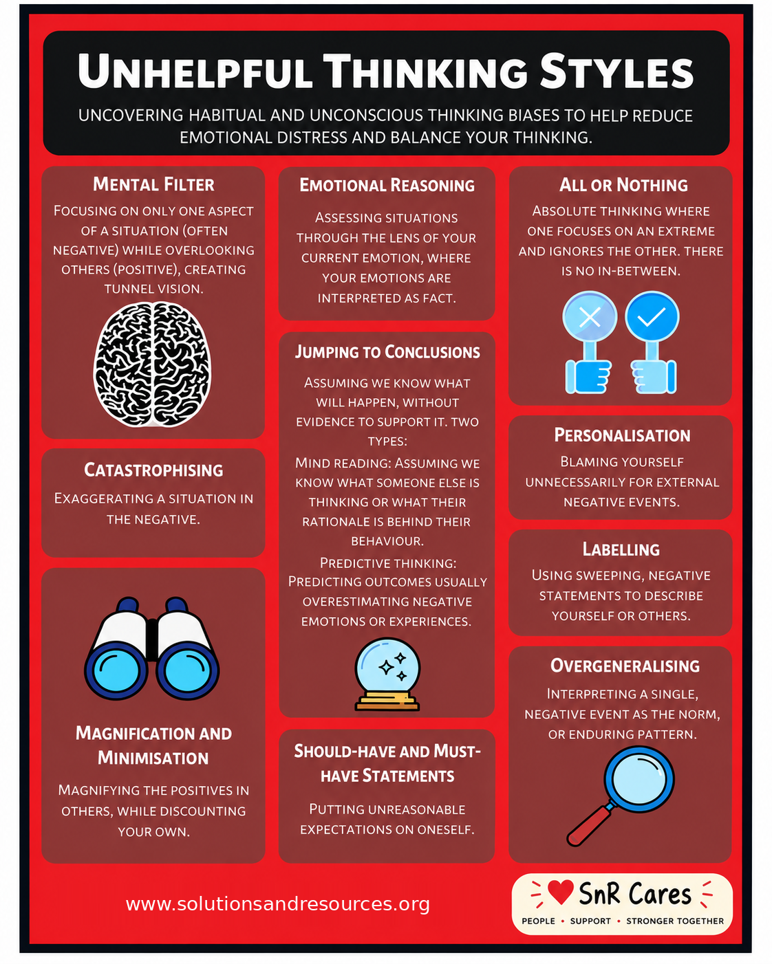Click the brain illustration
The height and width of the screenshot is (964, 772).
(x=152, y=364)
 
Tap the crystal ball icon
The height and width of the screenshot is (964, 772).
(x=387, y=674)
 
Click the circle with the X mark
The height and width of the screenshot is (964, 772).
(x=590, y=317)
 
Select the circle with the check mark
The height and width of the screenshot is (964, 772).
(x=652, y=317)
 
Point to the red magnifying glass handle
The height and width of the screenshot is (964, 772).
(x=590, y=825)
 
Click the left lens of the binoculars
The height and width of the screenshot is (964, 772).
(x=116, y=671)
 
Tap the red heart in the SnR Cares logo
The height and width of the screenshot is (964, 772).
(x=560, y=890)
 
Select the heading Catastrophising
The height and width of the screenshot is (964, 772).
(x=153, y=470)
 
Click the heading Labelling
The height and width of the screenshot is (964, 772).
(x=621, y=549)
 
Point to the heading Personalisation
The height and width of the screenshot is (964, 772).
(x=622, y=435)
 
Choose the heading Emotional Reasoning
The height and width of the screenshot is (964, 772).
(x=387, y=185)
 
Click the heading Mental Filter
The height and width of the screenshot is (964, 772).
(x=153, y=184)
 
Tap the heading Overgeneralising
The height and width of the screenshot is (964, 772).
(x=625, y=666)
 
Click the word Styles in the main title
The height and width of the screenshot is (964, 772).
(x=616, y=71)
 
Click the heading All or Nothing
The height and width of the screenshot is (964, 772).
(x=623, y=184)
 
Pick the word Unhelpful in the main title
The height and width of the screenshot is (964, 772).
(x=195, y=71)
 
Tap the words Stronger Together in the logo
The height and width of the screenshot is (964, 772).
(x=675, y=921)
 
